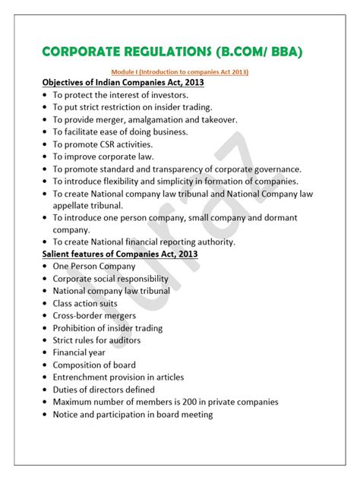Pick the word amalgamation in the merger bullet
[161, 120]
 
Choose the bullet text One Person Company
[93, 267]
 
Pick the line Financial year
[80, 352]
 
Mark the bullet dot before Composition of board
[46, 365]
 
